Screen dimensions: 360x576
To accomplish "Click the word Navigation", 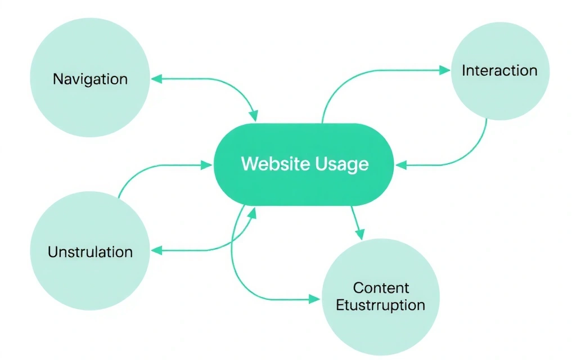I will [x=90, y=79].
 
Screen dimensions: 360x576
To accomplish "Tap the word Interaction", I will [x=499, y=71].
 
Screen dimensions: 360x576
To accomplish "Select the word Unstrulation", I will [x=90, y=251].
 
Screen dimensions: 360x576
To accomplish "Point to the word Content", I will [x=381, y=288].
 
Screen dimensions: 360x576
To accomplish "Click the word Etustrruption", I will [x=380, y=305].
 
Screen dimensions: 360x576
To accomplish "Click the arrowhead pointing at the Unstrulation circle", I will [x=157, y=250].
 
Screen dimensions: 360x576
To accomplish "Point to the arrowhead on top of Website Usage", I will [x=254, y=116].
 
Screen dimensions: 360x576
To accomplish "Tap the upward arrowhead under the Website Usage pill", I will [x=254, y=212].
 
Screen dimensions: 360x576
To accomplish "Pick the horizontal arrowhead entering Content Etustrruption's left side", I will [x=315, y=299].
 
